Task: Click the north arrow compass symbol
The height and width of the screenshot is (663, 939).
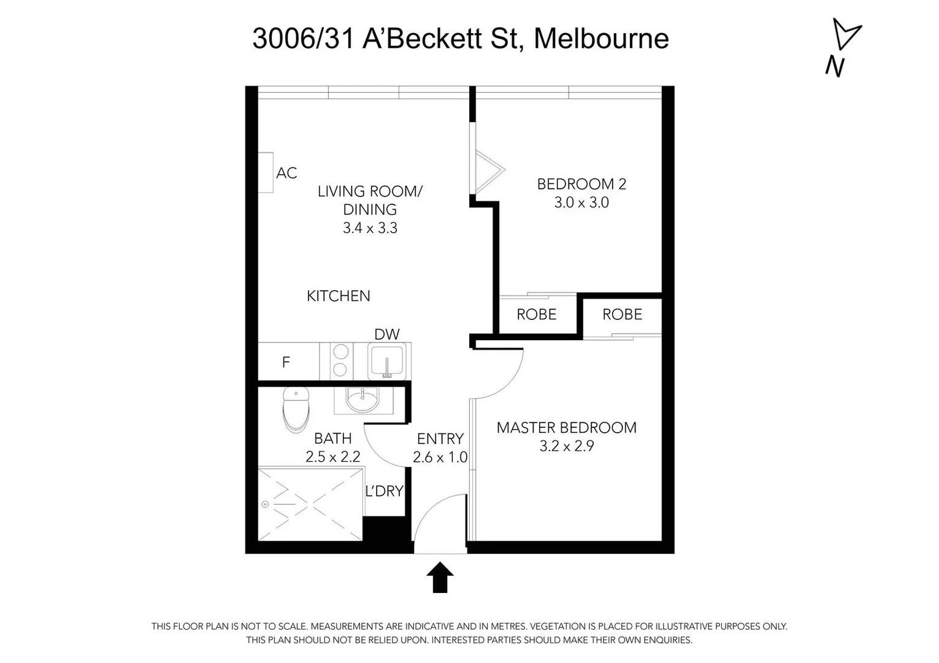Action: (845, 37)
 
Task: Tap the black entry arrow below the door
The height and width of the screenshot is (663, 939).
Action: (440, 578)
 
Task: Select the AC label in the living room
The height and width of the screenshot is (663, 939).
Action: (286, 173)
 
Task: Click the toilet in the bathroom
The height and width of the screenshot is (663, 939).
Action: (296, 409)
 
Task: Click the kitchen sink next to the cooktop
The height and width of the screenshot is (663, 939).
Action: (386, 361)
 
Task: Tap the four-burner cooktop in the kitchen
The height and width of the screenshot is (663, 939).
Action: (341, 361)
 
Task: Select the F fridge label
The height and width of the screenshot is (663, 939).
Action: (286, 363)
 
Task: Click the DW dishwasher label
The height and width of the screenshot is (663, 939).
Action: (387, 334)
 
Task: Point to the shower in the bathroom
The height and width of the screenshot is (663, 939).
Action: (310, 505)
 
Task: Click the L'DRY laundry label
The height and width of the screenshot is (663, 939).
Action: (385, 491)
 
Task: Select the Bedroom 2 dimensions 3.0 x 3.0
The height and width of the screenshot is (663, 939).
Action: (581, 203)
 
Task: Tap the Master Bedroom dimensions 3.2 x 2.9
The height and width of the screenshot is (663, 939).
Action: (567, 446)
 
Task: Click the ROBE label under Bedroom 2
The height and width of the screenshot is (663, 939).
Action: (537, 314)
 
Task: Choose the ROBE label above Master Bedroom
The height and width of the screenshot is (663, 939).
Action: (622, 314)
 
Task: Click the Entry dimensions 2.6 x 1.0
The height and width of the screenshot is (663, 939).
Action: (440, 457)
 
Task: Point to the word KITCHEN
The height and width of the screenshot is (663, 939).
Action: (339, 296)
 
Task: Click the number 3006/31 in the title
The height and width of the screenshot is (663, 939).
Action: (304, 39)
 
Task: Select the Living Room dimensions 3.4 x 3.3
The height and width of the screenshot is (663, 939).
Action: (370, 228)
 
